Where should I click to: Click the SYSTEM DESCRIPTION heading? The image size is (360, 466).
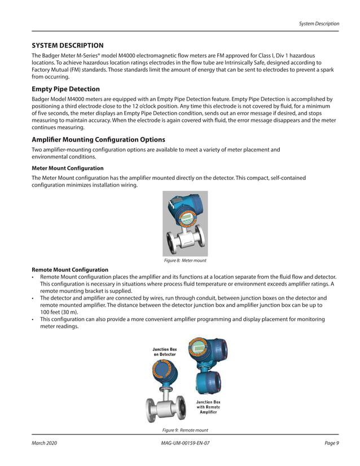(x=67, y=45)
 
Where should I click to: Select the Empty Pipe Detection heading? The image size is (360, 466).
(x=65, y=89)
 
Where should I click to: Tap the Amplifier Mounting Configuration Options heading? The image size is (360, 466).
(x=98, y=139)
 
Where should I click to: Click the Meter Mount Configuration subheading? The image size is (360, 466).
(x=67, y=168)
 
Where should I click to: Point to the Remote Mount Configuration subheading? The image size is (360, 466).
(x=70, y=270)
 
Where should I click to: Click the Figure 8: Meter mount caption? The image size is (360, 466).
(x=185, y=261)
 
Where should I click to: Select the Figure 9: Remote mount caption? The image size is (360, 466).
(x=185, y=430)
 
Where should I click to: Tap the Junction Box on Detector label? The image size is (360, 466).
(x=164, y=352)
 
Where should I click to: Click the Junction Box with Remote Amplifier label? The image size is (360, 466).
(x=208, y=407)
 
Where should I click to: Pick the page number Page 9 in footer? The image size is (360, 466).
(x=332, y=443)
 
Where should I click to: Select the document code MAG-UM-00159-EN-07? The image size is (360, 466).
(x=185, y=443)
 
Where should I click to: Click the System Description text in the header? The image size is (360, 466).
(x=319, y=24)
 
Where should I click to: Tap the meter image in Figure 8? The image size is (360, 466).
(x=185, y=224)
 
